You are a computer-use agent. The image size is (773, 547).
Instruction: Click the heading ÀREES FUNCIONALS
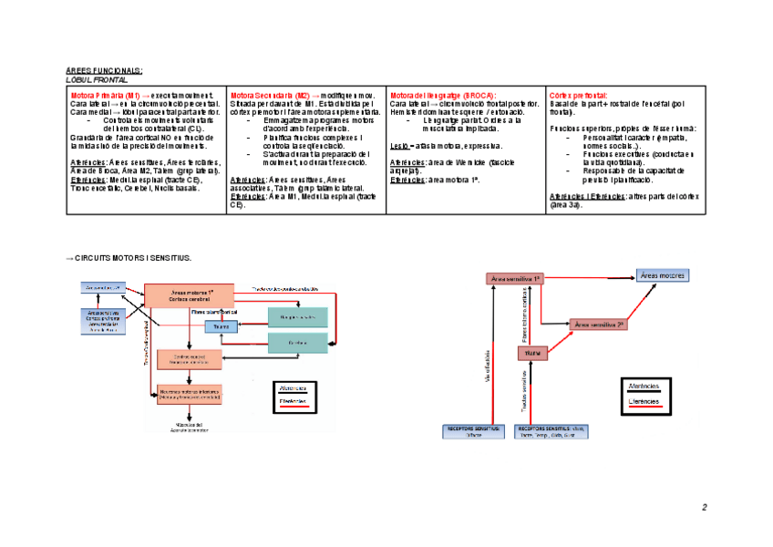104,70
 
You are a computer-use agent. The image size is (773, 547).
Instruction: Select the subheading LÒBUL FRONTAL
98,79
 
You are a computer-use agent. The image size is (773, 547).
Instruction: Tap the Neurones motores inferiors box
190,395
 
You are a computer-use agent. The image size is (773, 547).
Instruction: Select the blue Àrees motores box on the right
663,274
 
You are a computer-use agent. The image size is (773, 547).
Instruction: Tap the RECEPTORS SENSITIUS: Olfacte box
475,431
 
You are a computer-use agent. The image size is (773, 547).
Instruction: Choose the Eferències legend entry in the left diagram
293,400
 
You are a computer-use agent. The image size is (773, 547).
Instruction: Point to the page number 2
704,507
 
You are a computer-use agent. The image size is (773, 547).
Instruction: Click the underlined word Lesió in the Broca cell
399,145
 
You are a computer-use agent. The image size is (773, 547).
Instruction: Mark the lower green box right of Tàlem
297,342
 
